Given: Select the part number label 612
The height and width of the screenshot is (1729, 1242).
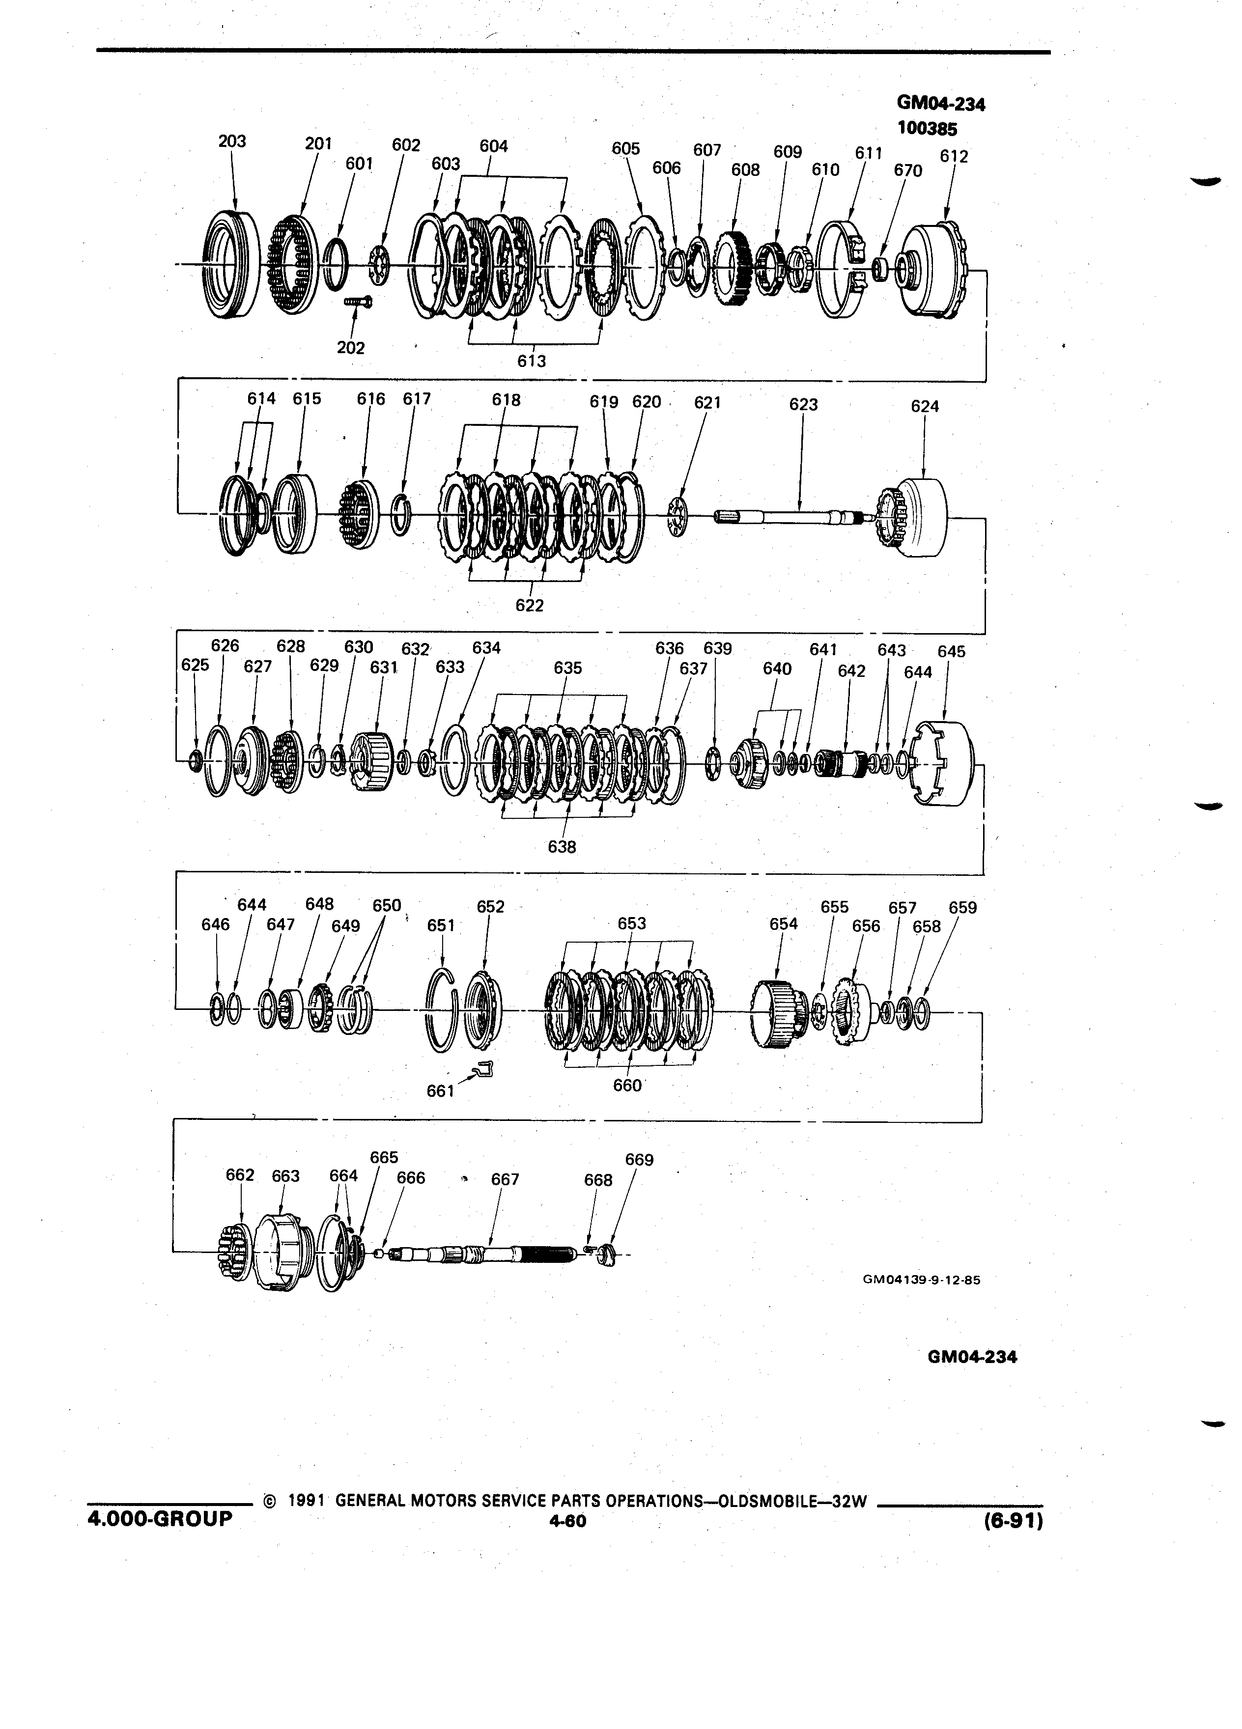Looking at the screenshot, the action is [954, 156].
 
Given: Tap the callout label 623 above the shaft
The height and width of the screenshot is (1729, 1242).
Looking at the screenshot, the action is [803, 404].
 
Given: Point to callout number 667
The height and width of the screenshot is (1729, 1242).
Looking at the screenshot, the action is [505, 1179].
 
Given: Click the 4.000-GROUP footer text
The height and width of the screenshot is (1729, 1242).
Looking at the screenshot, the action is [160, 1519].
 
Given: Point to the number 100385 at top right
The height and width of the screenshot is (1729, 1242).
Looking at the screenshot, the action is [927, 128].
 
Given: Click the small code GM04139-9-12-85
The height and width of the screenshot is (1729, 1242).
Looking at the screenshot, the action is [921, 1280].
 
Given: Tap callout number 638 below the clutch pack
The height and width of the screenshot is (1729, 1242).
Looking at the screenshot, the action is [562, 846].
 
